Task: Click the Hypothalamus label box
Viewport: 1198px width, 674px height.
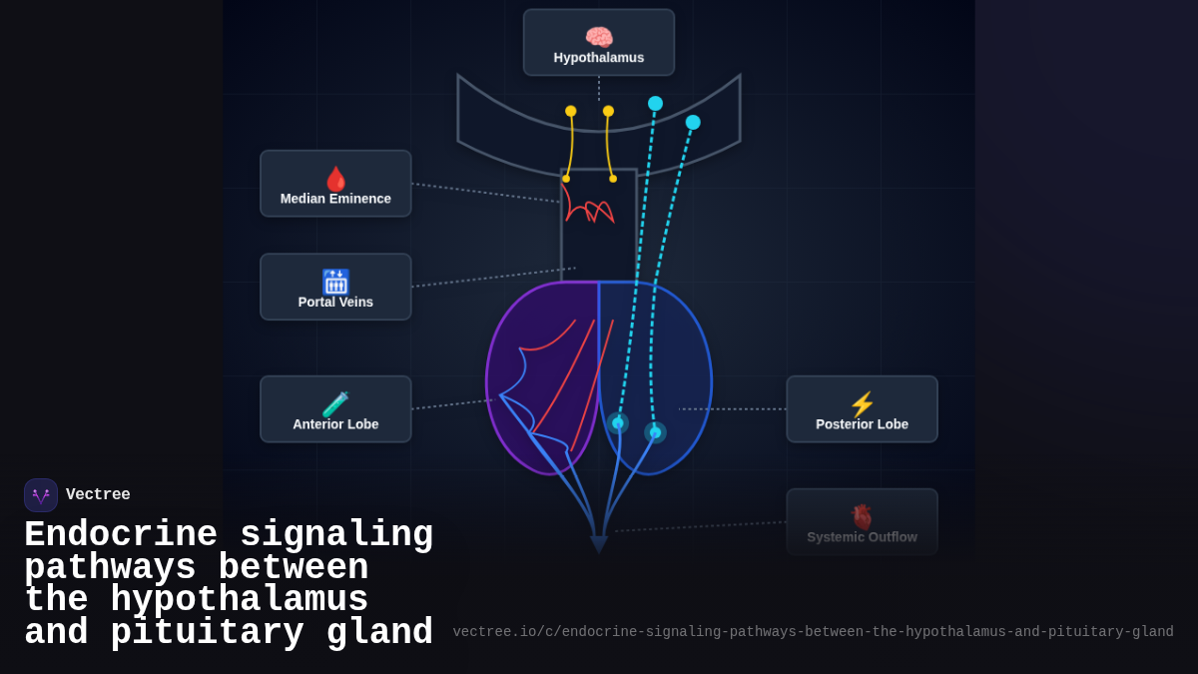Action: [x=599, y=43]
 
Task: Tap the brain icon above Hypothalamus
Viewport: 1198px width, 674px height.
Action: [x=599, y=37]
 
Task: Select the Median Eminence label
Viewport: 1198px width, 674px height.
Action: [x=335, y=199]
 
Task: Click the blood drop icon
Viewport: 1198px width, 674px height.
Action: [x=335, y=179]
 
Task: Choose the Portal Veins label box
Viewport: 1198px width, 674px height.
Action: [x=335, y=288]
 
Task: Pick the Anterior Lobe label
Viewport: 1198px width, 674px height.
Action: [x=335, y=424]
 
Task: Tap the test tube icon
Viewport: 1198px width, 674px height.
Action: [x=335, y=404]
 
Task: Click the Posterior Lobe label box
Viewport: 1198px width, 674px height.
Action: [x=862, y=409]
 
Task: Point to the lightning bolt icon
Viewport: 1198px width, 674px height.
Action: [x=862, y=404]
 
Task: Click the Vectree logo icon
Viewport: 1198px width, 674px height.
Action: [x=41, y=495]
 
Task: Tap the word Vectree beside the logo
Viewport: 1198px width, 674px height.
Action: [x=98, y=495]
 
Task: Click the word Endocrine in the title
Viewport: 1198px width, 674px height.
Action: [x=121, y=535]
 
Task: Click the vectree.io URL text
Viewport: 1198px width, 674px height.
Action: [x=813, y=632]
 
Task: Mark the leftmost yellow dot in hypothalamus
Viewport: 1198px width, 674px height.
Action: [x=571, y=111]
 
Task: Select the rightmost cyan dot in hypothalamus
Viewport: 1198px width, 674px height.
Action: [x=693, y=122]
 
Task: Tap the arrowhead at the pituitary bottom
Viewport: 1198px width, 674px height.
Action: [x=599, y=544]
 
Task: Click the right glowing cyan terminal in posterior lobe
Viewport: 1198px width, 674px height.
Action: [x=655, y=432]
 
